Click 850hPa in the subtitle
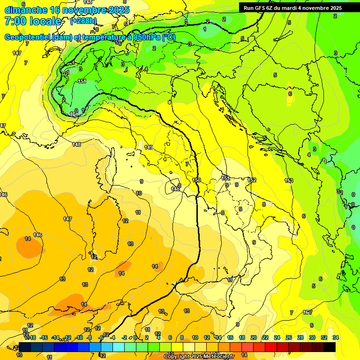click(145, 37)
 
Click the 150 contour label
click(197, 180)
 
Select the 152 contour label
click(252, 180)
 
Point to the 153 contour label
click(289, 180)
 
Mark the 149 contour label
click(149, 147)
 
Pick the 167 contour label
click(307, 312)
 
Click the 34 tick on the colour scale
click(335, 337)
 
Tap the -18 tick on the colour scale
click(31, 337)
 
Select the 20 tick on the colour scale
click(254, 337)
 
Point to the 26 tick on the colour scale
click(289, 337)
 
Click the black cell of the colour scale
click(330, 347)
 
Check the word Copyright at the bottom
click(178, 357)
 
